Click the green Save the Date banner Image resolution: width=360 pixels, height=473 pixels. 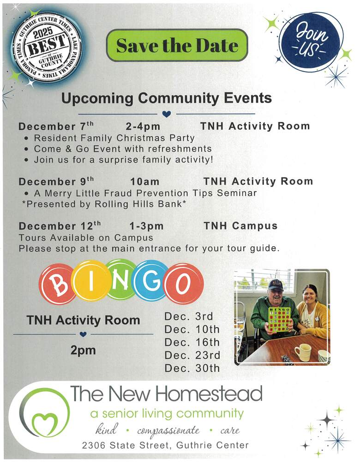point(177,45)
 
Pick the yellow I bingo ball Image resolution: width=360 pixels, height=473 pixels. point(91,281)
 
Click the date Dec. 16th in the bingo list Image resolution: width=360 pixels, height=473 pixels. point(192,342)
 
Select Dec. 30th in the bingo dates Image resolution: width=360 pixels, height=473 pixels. point(192,368)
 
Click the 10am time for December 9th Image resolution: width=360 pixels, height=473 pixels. point(145,182)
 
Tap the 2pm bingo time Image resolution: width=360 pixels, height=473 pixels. point(83,351)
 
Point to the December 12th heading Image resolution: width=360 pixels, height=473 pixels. point(60,225)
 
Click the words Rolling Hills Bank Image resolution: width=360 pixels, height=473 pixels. point(138,204)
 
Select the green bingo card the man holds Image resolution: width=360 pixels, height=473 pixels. point(280,320)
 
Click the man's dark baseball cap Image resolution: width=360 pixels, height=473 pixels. point(276,285)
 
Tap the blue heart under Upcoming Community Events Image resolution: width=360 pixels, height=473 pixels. point(167,114)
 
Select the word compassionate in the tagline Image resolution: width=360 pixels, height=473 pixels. point(168,431)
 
